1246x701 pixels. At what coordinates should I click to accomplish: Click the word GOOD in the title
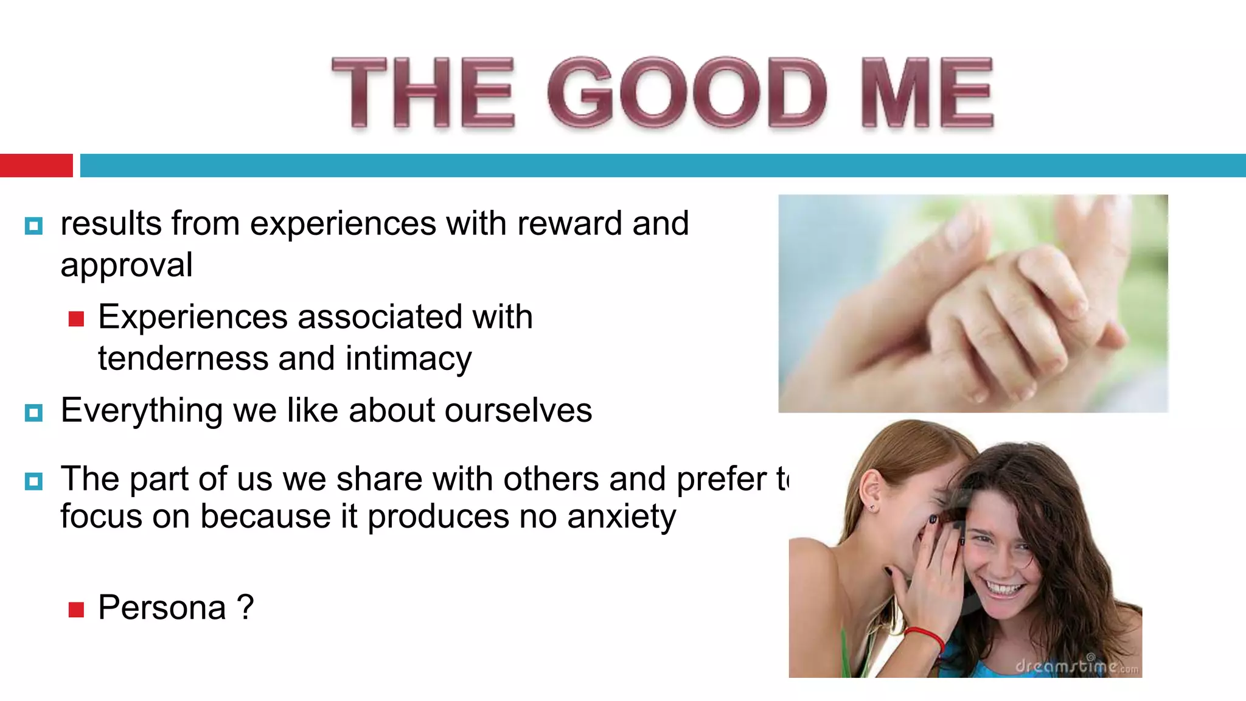[687, 92]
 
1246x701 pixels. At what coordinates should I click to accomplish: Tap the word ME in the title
[927, 92]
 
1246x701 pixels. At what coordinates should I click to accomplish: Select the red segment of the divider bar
[36, 166]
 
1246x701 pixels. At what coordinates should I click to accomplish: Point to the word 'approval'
[127, 265]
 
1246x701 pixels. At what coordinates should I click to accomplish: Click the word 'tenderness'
[183, 358]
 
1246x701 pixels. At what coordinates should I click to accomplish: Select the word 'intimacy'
[408, 359]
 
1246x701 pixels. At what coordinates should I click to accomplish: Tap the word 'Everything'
[142, 411]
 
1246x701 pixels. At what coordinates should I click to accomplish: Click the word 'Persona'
[162, 608]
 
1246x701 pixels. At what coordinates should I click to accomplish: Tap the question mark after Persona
[245, 607]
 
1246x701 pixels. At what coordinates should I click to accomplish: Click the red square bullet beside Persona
[76, 610]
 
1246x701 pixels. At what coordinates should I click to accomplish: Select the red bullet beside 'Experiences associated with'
[76, 319]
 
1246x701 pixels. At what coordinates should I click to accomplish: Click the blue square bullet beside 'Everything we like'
[34, 413]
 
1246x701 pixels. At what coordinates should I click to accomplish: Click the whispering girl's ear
[871, 490]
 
